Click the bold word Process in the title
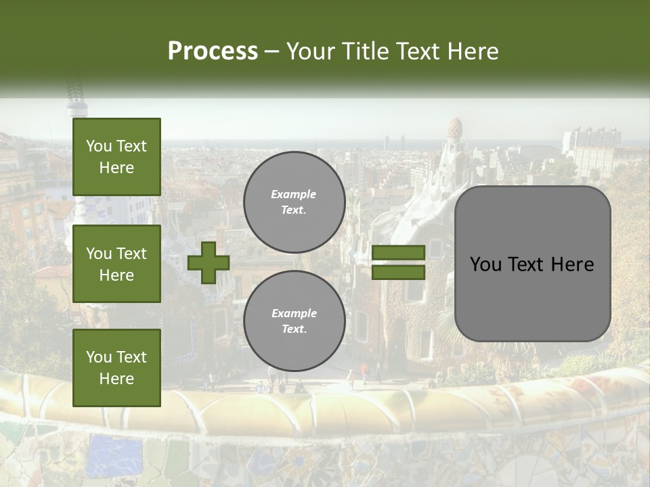[213, 51]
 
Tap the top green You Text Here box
[116, 157]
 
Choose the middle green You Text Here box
[116, 264]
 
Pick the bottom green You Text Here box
[116, 368]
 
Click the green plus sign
[208, 262]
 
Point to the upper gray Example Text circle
[295, 202]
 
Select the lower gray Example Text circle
[295, 321]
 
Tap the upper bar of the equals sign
[398, 252]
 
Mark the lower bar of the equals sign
[398, 272]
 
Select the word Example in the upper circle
[293, 194]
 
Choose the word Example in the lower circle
[294, 313]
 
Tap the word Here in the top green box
[116, 168]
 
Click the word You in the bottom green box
[98, 357]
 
